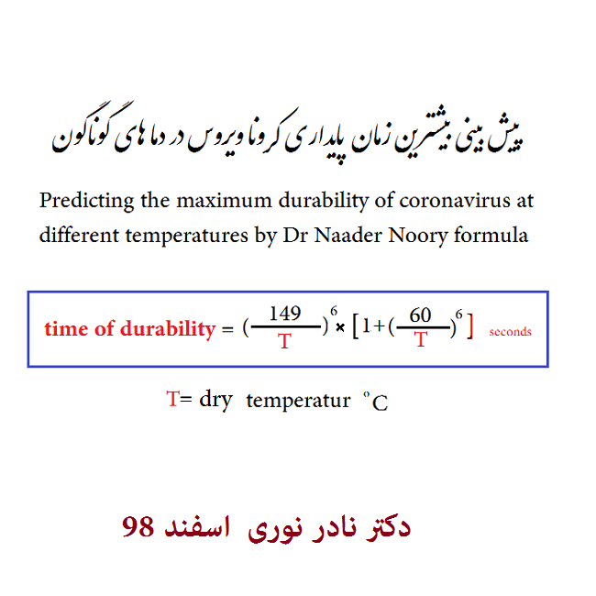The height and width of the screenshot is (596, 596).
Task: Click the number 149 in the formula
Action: point(285,314)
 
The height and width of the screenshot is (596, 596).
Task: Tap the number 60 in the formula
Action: point(420,315)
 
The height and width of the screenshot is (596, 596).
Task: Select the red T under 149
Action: point(284,340)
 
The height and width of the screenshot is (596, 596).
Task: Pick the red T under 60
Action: point(421,339)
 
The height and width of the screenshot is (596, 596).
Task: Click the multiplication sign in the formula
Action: point(340,327)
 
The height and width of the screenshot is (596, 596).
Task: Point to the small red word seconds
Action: point(510,332)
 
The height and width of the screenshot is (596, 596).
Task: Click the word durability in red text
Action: point(168,329)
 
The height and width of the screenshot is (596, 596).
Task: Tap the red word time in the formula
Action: point(66,329)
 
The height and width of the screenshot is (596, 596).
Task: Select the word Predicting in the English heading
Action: point(87,201)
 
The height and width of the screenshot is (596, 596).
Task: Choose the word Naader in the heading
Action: point(348,235)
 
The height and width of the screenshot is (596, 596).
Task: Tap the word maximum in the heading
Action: point(225,201)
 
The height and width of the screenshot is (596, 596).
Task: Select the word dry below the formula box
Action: point(215,401)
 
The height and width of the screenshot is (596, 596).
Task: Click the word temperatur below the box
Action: point(298,401)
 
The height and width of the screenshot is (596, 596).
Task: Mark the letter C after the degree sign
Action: point(380,403)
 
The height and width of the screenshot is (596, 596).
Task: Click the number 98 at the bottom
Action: point(138,526)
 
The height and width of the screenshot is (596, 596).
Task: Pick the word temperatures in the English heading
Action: point(187,236)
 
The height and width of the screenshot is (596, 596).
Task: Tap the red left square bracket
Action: point(356,326)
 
